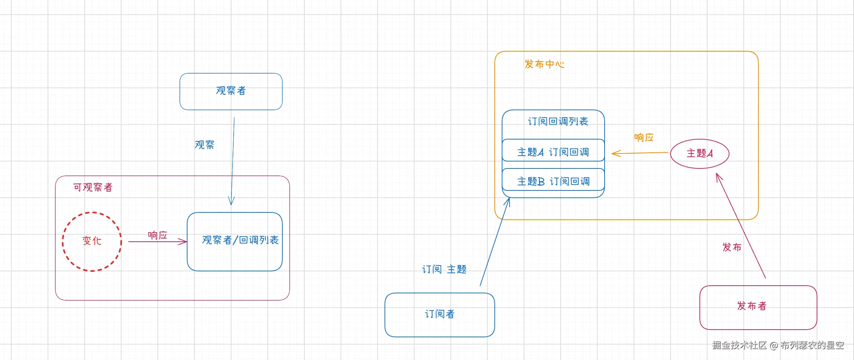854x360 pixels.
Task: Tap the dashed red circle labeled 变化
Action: coord(92,212)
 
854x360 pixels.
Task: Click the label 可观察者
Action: coord(93,188)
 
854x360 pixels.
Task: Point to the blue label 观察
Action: coord(204,145)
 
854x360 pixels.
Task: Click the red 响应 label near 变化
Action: coord(157,235)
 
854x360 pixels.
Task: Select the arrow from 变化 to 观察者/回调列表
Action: coord(158,242)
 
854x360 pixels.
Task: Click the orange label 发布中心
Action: coord(544,64)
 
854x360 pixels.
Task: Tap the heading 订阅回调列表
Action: coord(558,121)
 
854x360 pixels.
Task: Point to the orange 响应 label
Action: coord(644,137)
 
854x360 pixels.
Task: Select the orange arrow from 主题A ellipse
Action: coord(640,153)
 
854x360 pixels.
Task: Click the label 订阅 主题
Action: coord(444,270)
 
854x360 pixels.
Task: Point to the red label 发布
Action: coord(732,247)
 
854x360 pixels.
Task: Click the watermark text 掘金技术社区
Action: coord(740,345)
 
